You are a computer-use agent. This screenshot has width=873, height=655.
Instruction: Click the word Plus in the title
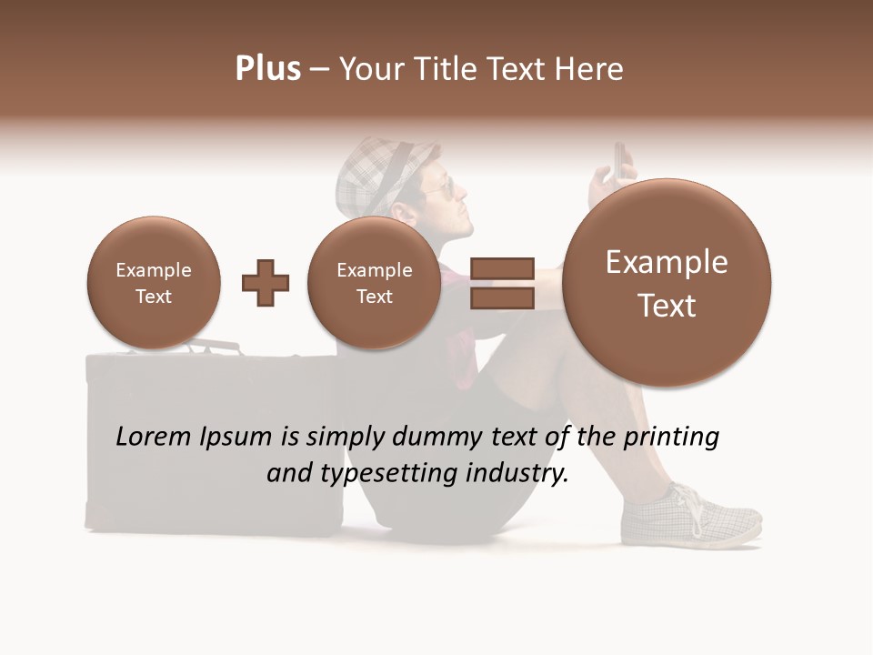coord(267,68)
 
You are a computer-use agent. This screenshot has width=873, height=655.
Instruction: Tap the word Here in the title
coord(590,69)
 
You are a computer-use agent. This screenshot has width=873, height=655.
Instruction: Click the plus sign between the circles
coord(266,283)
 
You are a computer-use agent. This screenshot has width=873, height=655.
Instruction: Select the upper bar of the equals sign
coord(501,268)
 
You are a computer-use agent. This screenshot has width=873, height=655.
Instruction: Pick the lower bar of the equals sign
coord(501,297)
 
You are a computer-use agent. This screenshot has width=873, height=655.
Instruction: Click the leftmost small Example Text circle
coord(154,283)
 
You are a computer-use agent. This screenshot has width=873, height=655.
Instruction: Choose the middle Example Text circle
coord(374,283)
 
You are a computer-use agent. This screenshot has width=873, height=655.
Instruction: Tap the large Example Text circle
coord(667,283)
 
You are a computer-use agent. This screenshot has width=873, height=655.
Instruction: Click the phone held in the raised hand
coord(619,161)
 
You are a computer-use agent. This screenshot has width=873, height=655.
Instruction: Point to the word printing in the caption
coord(670,437)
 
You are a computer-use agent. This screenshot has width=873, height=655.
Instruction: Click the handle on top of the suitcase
coord(214,347)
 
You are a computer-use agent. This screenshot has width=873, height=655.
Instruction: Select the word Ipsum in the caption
coord(236,437)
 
